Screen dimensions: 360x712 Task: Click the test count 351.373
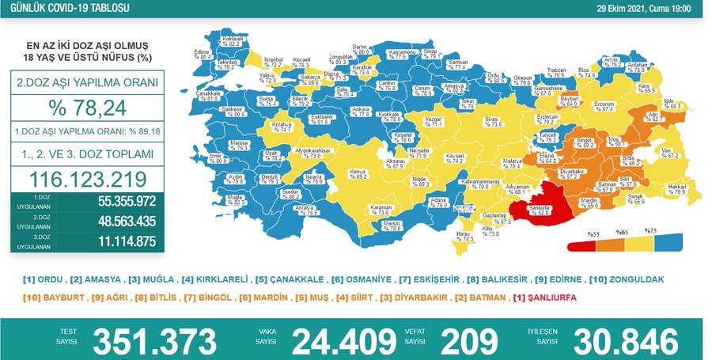(154, 342)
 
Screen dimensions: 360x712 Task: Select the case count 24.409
(344, 342)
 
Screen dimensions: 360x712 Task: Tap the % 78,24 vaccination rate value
(87, 107)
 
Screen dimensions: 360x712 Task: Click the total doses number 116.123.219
(87, 177)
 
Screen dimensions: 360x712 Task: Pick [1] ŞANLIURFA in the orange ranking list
(547, 297)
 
